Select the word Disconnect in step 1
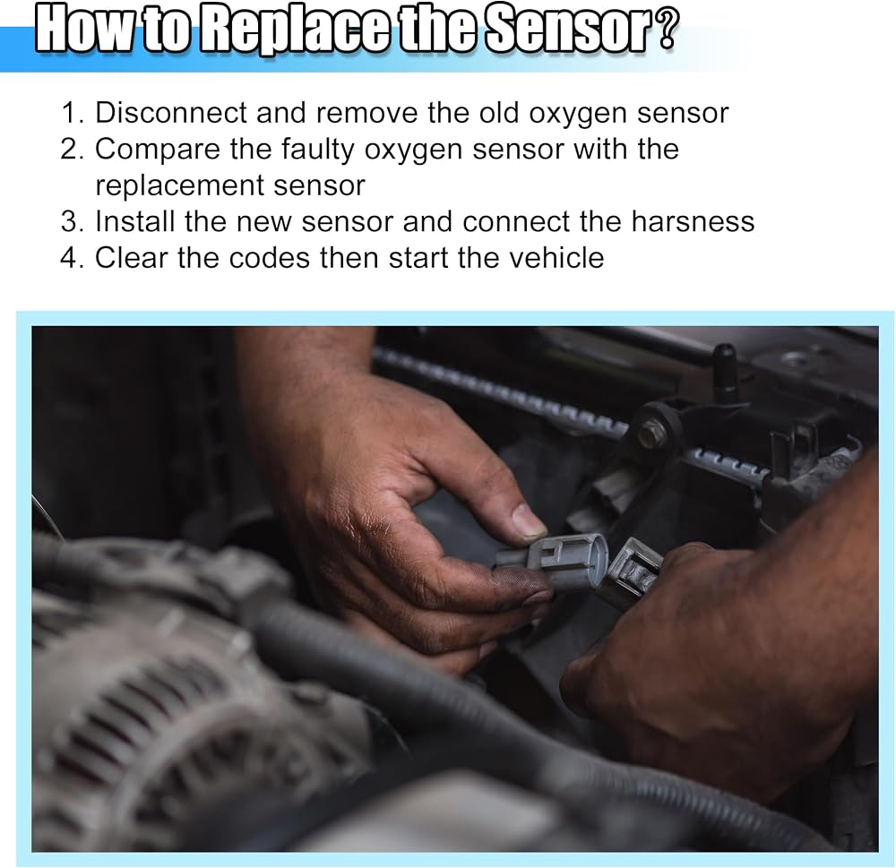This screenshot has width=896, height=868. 171,113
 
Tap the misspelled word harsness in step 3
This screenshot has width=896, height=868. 694,221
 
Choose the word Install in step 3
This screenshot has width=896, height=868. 135,221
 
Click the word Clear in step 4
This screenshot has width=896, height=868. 131,258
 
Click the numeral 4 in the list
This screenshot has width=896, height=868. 69,258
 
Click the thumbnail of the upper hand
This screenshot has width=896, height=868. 529,519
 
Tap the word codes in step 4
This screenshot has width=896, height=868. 269,258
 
